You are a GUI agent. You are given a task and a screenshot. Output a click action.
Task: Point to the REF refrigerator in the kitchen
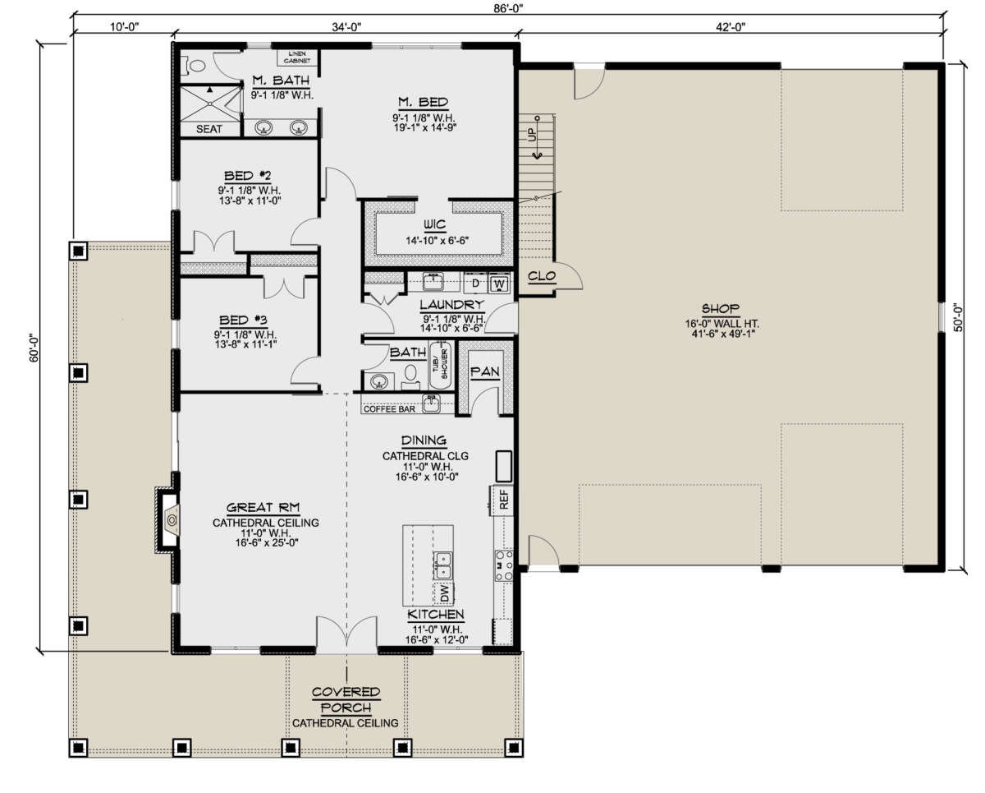503,500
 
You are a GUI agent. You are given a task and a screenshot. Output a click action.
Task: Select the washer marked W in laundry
498,284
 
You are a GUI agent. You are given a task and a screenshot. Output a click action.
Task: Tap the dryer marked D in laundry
474,284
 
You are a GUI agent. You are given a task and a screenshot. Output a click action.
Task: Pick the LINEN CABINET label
295,56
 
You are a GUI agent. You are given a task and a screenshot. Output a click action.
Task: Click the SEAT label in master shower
209,129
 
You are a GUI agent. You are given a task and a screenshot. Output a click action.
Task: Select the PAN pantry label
481,372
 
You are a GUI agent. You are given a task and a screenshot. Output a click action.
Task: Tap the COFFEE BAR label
391,408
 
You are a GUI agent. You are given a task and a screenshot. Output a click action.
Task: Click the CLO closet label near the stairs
541,276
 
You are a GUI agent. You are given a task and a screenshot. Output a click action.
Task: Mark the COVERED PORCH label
346,699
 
